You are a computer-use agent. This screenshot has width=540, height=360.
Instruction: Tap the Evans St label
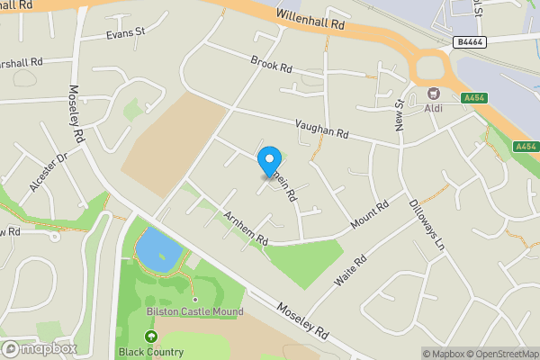[x=125, y=32]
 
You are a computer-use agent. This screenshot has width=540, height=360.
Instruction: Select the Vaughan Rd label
[x=321, y=131]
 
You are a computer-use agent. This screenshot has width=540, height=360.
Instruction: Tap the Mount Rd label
[x=370, y=214]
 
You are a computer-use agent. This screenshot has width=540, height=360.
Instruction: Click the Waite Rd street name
[x=351, y=270]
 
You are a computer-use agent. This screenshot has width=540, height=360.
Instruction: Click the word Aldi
[x=434, y=109]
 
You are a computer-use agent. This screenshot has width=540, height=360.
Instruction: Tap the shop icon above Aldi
[x=434, y=94]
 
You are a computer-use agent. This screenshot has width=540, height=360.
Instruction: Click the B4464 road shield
[x=471, y=41]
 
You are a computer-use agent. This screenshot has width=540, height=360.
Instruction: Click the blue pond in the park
[x=155, y=247]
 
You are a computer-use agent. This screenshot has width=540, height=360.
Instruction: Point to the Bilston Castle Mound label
[x=194, y=312]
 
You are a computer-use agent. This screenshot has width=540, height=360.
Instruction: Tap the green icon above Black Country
[x=150, y=337]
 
